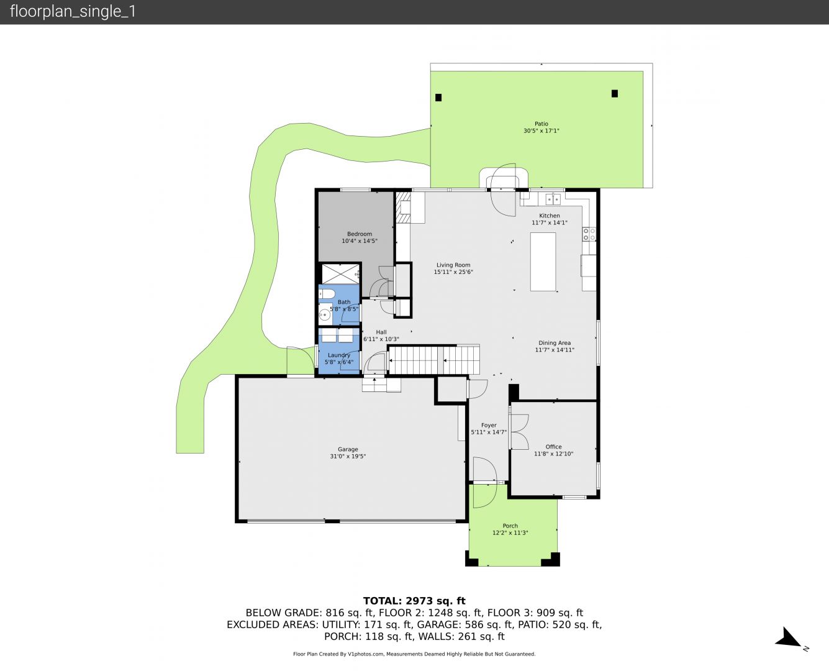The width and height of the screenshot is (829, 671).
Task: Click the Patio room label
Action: (541, 124)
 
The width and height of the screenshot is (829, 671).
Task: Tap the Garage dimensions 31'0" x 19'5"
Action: (348, 456)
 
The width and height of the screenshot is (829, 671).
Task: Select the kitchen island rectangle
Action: (543, 262)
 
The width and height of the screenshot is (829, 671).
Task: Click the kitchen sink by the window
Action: (553, 199)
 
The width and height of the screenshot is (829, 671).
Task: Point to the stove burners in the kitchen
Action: (589, 234)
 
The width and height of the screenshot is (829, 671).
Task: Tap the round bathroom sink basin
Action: (325, 314)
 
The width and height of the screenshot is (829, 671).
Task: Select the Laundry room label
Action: (338, 355)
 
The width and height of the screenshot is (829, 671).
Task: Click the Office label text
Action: (553, 447)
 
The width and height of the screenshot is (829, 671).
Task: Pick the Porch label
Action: (510, 526)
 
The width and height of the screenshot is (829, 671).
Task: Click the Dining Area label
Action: (555, 343)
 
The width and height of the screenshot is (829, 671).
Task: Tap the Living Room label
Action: (453, 265)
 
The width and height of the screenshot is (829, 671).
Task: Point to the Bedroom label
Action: (360, 234)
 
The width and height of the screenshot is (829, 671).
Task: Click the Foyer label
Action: (489, 425)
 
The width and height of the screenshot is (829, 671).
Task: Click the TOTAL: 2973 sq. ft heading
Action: (415, 601)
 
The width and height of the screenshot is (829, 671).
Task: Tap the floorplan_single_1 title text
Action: (73, 12)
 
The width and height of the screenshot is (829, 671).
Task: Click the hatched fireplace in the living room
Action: (403, 207)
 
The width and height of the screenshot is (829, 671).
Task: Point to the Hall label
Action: (381, 332)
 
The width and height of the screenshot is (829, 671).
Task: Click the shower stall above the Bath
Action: (340, 274)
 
